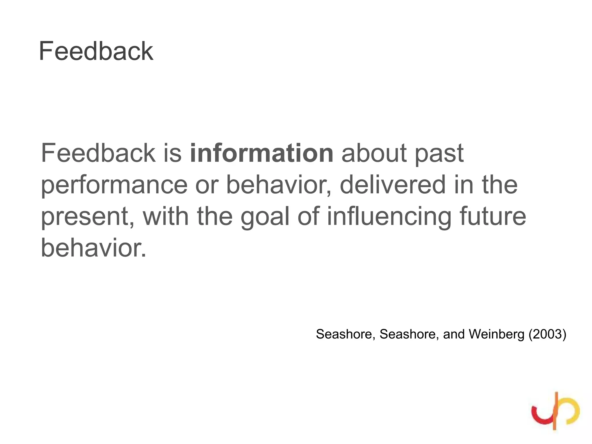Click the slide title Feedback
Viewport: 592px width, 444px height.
[96, 51]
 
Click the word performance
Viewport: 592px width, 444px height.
[114, 186]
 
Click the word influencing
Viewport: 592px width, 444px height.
[389, 217]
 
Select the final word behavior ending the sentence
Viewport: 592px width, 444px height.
[93, 248]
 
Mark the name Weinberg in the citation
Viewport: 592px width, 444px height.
[496, 334]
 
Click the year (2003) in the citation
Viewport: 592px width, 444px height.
[547, 334]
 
